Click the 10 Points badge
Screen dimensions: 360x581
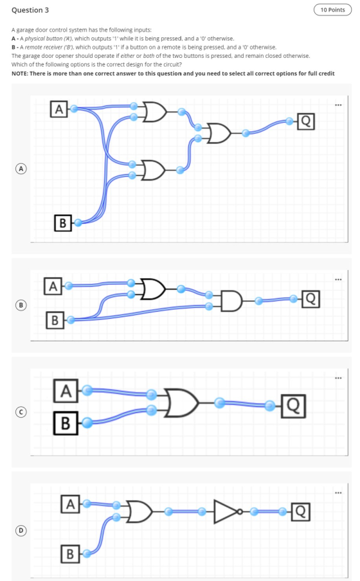[x=332, y=10]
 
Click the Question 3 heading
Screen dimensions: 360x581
[x=30, y=10]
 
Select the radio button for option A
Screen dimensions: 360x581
[x=21, y=168]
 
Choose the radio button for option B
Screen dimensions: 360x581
[x=21, y=305]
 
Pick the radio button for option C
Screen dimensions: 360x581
[x=21, y=412]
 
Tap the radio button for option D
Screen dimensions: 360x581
[x=21, y=530]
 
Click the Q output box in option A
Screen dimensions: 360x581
[x=305, y=121]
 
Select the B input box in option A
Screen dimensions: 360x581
[x=62, y=222]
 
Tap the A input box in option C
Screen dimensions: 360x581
[x=66, y=391]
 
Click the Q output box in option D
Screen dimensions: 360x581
[x=300, y=512]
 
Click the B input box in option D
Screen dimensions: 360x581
[x=70, y=554]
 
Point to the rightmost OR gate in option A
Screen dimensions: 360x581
[x=219, y=133]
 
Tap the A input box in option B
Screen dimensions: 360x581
[x=53, y=286]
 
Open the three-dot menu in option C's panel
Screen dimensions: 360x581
[x=338, y=378]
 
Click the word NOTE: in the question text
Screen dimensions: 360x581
[x=20, y=73]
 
